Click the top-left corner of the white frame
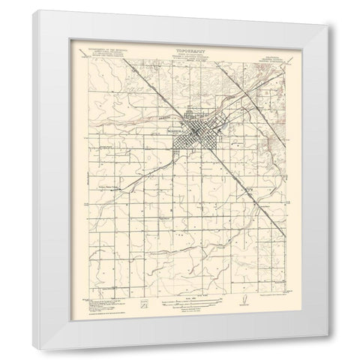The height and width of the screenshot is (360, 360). (37, 11)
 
